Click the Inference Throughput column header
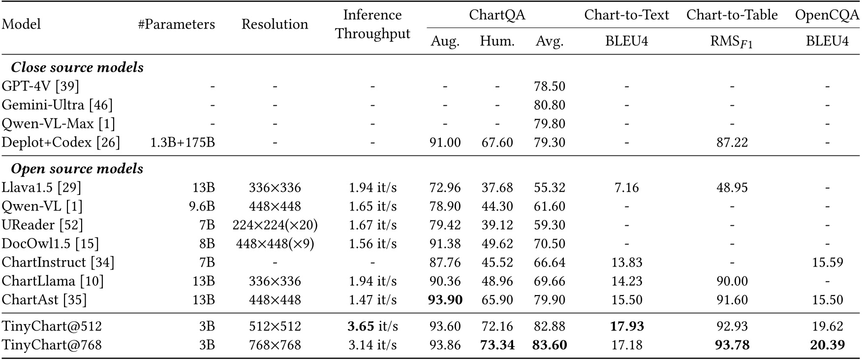click(372, 24)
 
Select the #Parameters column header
click(177, 24)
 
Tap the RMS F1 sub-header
click(732, 42)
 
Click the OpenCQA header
click(827, 15)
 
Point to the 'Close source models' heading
click(77, 67)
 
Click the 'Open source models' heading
click(77, 169)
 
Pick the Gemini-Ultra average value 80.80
click(550, 105)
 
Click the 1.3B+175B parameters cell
click(183, 143)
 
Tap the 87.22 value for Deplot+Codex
click(732, 143)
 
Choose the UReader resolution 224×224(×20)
click(275, 225)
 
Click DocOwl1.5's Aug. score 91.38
click(445, 244)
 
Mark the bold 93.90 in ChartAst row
click(445, 300)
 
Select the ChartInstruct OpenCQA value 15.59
click(827, 263)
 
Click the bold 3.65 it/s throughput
click(372, 327)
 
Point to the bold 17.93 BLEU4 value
click(626, 327)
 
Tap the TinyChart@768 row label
click(52, 345)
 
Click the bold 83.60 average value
click(550, 345)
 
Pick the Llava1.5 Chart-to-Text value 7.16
click(626, 188)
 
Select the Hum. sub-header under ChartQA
click(497, 41)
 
